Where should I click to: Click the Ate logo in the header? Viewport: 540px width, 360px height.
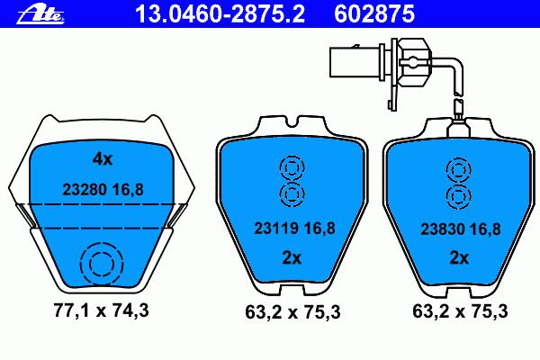pyautogui.click(x=40, y=14)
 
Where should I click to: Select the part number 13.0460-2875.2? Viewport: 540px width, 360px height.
pyautogui.click(x=220, y=14)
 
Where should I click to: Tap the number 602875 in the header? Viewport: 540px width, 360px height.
pyautogui.click(x=374, y=14)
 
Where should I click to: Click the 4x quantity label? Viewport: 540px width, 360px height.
pyautogui.click(x=103, y=159)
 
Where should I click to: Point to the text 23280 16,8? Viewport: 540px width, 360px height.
pyautogui.click(x=103, y=190)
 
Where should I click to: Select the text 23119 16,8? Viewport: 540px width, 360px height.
pyautogui.click(x=294, y=228)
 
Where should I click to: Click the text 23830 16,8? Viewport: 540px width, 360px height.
pyautogui.click(x=461, y=229)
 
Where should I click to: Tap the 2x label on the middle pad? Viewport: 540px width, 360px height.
pyautogui.click(x=292, y=257)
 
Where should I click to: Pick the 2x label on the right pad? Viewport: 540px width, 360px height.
pyautogui.click(x=459, y=257)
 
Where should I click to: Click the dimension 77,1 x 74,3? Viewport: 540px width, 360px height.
pyautogui.click(x=101, y=310)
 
